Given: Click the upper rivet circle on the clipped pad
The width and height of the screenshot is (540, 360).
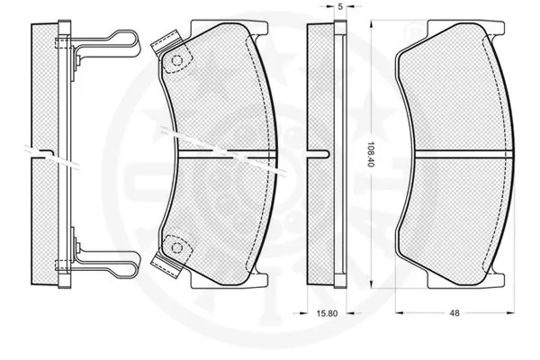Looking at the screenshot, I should (x=177, y=61).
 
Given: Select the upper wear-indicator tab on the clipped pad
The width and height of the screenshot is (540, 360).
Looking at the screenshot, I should (x=166, y=40).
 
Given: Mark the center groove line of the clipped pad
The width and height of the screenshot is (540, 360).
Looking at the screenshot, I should (x=225, y=151).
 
